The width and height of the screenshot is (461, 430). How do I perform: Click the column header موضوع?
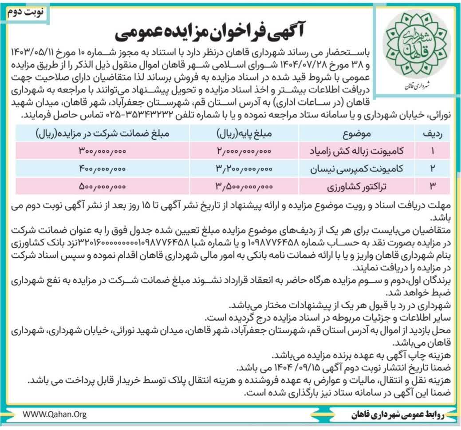(357, 133)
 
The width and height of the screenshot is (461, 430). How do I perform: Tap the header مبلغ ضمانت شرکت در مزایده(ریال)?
(102, 133)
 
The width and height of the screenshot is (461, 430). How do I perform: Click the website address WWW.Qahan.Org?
(55, 414)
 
